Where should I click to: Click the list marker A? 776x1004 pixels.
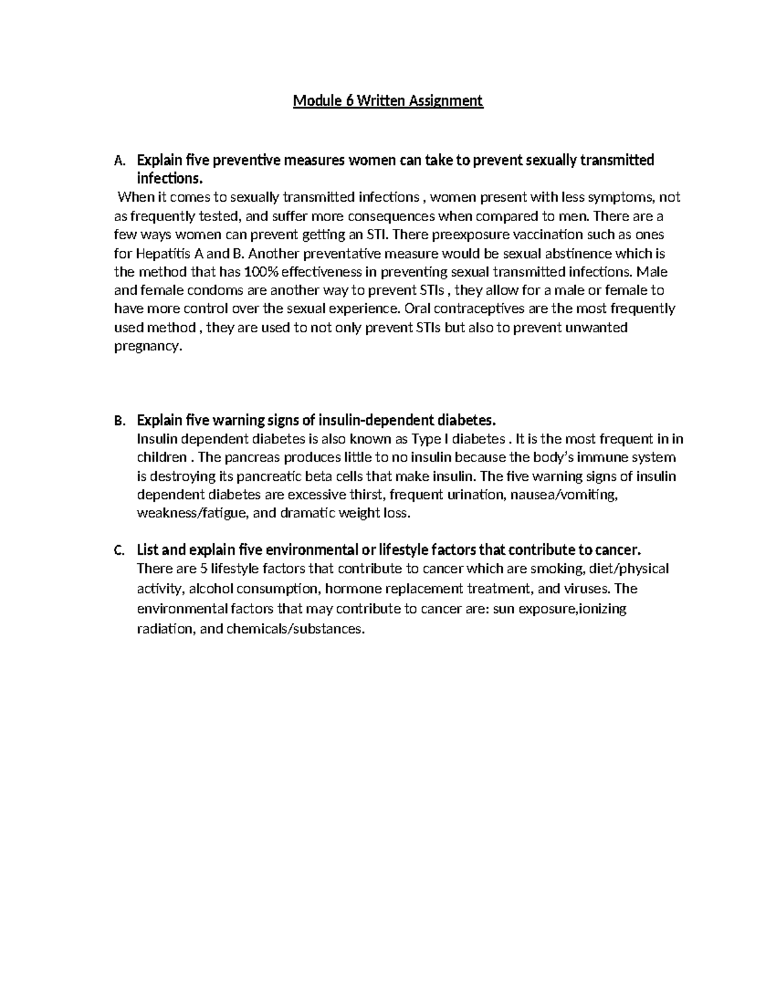[x=117, y=160]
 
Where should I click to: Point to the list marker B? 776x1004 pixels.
[x=117, y=422]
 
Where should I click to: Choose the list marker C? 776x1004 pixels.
[x=117, y=551]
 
